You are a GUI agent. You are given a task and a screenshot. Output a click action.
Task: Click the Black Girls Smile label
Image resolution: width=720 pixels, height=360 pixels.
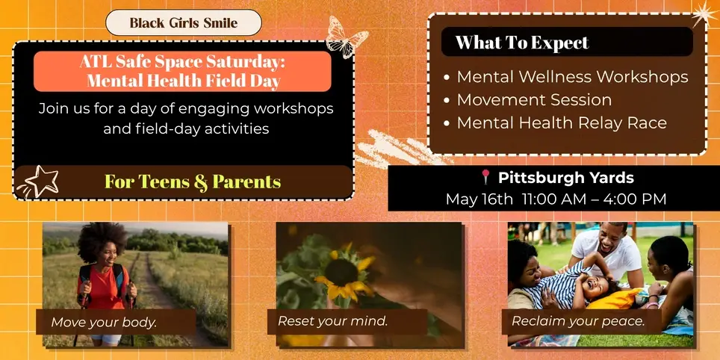[x=183, y=23]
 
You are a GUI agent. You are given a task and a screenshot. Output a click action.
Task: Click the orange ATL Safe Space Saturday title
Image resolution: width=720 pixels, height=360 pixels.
[x=182, y=71]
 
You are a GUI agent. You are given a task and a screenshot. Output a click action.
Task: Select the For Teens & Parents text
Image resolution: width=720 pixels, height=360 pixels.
[x=193, y=181]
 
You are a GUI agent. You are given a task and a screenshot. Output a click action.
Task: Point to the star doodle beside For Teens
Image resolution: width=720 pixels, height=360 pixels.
[x=40, y=181]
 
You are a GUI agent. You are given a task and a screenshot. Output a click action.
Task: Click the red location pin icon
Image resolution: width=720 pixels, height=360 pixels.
[x=485, y=178]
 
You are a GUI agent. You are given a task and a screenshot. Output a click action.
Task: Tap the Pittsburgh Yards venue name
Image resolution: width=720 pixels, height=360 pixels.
[x=565, y=178]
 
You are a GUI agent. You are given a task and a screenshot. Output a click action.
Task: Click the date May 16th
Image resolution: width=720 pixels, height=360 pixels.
[x=480, y=199]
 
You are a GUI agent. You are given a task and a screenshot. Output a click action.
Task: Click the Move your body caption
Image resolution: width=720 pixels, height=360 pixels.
[x=104, y=323]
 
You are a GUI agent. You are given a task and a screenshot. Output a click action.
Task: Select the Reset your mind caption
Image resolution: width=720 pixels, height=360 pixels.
[x=333, y=321]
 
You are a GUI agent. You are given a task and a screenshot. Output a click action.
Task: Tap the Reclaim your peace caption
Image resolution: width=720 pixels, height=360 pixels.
[x=578, y=321]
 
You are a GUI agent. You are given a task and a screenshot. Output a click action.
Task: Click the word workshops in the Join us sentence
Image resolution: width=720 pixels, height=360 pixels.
[x=292, y=109]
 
